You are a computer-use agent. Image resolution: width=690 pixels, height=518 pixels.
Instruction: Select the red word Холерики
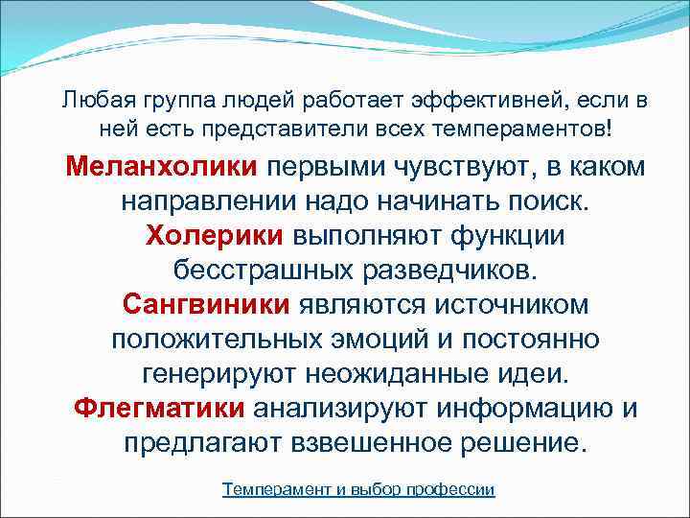point(214,235)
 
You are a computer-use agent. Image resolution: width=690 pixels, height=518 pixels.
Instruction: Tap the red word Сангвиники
point(206,305)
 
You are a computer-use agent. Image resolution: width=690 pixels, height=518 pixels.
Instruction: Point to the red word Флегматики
point(159,409)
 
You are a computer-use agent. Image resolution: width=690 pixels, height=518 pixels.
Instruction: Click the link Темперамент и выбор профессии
point(358,489)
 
